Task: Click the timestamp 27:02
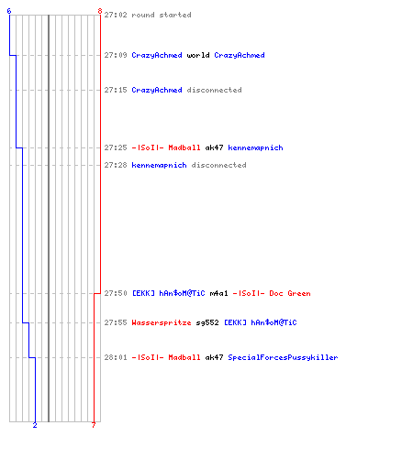coord(116,15)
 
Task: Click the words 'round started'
coord(162,15)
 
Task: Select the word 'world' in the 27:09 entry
coord(198,55)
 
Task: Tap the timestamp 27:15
coord(116,90)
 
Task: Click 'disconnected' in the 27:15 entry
coord(214,90)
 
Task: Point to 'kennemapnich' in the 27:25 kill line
coord(255,147)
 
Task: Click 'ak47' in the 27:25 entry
coord(214,147)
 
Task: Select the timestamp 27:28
coord(116,165)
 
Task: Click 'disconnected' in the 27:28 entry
coord(218,165)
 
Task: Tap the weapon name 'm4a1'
coord(218,293)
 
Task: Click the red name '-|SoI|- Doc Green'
coord(272,293)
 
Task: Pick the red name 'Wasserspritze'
coord(162,322)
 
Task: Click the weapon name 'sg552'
coord(207,322)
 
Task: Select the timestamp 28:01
coord(116,357)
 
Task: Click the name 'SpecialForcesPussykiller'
coord(283,357)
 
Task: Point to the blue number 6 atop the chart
coord(9,11)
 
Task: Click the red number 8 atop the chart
coord(100,11)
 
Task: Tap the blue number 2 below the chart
coord(35,425)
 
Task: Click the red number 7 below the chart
coord(94,425)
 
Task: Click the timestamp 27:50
coord(116,293)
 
